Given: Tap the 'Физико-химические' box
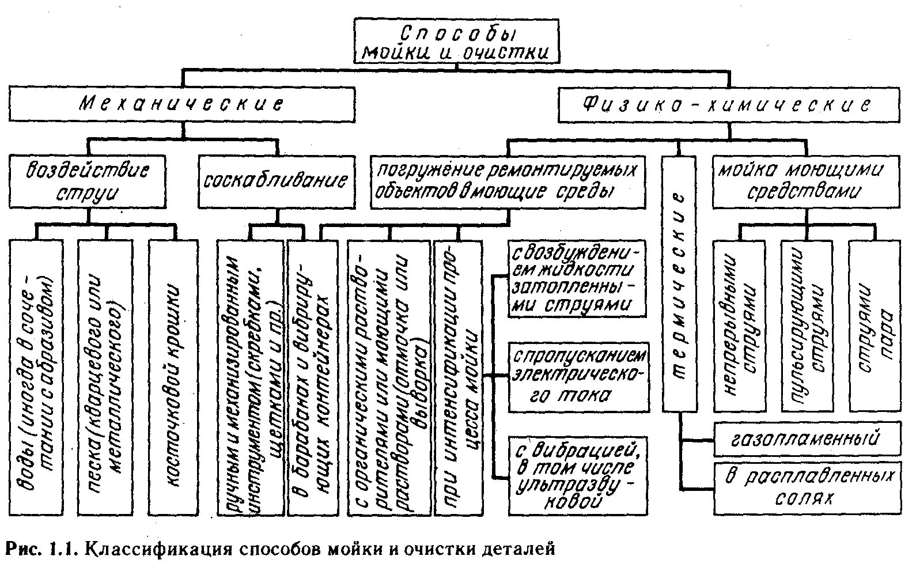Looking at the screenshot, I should tap(728, 105).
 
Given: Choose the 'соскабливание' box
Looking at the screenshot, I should tap(277, 181).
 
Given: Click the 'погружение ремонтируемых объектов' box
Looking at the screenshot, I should tap(508, 181).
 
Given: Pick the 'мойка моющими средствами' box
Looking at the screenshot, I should tap(806, 181).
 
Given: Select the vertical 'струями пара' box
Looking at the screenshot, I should tap(875, 326).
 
